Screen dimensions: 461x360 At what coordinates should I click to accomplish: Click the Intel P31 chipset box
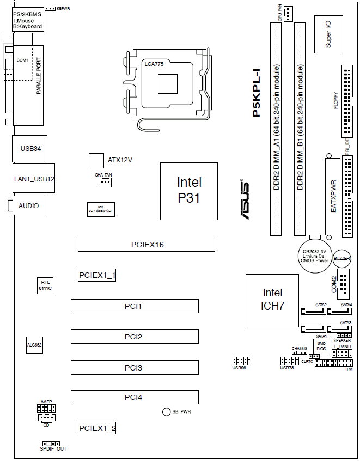tap(188, 191)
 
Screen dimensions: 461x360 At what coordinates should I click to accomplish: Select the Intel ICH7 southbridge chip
tap(272, 299)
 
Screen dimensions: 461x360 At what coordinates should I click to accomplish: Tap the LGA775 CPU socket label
tap(154, 64)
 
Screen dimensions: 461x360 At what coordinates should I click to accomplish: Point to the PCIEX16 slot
tap(147, 245)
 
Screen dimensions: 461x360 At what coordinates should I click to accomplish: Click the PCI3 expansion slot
tap(134, 368)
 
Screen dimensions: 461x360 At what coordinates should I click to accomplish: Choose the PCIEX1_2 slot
tap(97, 428)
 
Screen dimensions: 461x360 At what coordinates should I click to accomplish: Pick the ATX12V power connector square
tap(96, 160)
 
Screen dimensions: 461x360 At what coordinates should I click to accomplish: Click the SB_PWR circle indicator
tap(167, 411)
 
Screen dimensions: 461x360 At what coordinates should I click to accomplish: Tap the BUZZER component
tap(341, 258)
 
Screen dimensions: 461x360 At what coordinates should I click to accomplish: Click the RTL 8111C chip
tap(45, 285)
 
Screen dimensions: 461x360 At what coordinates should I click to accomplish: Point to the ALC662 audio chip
tap(34, 345)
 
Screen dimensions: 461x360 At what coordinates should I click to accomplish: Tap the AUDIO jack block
tap(28, 205)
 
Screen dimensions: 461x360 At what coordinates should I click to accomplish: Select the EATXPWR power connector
tap(333, 197)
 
